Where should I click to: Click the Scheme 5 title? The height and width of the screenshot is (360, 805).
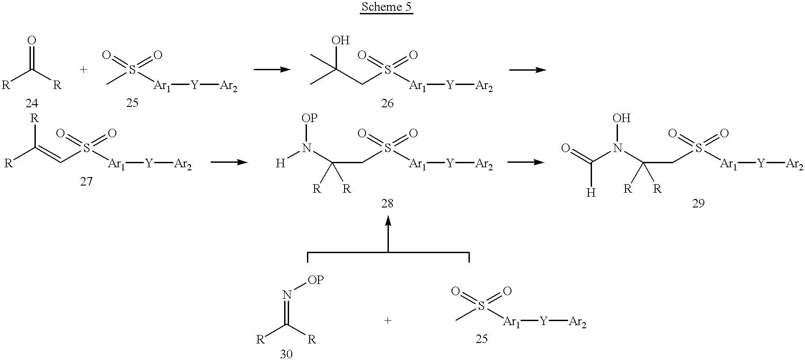tap(386, 8)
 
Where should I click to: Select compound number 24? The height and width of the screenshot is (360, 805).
tap(31, 103)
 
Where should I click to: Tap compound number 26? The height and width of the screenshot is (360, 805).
tap(387, 103)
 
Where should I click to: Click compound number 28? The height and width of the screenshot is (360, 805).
tap(388, 203)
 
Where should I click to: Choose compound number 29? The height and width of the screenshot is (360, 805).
tap(698, 203)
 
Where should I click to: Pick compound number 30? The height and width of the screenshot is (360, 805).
tap(286, 354)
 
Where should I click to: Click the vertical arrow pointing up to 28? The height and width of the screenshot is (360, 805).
tap(388, 233)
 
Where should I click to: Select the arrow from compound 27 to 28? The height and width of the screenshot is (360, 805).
tap(229, 162)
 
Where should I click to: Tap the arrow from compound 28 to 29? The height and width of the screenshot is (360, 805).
tap(526, 162)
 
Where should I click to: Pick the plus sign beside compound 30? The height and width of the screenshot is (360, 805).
tap(388, 320)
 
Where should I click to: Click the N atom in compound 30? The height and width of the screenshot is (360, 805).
tap(287, 294)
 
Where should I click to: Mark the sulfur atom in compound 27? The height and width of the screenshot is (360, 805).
tap(86, 147)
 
